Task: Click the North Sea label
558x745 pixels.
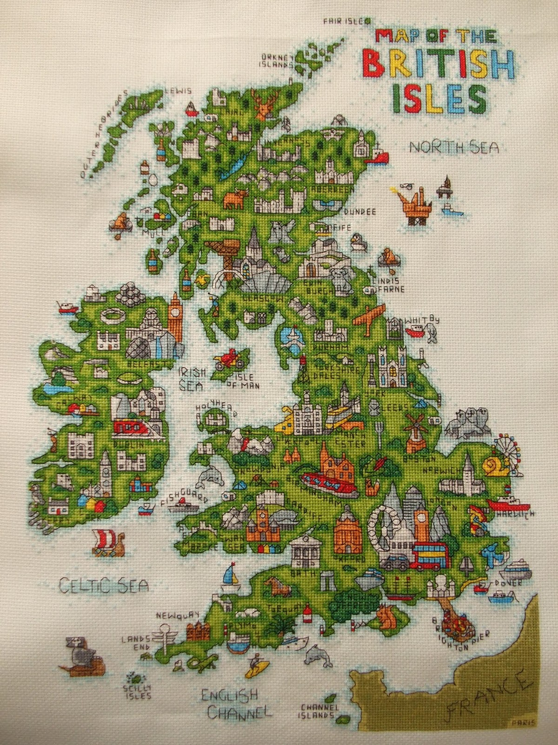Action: pos(454,148)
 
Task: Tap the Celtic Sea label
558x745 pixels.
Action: pos(104,584)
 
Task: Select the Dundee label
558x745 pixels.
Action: pos(359,211)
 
